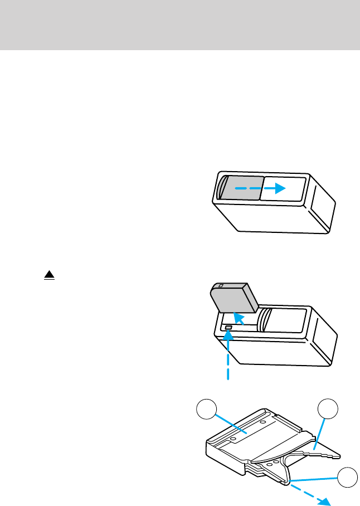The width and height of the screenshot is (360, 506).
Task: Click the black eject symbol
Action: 49,275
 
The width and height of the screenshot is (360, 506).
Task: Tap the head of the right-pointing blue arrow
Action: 281,189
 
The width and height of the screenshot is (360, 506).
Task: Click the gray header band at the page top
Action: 180,25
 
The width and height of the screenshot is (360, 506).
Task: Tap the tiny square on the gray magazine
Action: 221,286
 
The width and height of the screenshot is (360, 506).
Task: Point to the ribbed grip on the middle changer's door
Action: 266,320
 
